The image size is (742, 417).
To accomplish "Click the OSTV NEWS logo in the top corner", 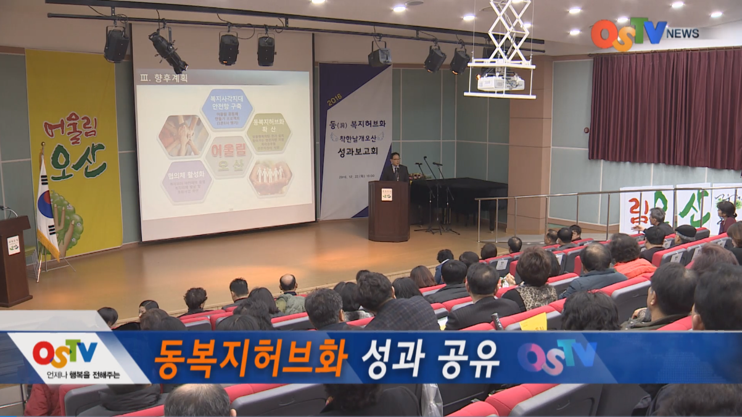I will coord(644,33).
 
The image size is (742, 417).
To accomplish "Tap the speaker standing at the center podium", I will coord(395,168).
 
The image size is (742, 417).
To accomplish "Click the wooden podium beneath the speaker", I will coord(389,211).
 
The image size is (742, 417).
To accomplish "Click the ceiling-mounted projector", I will coord(500,81).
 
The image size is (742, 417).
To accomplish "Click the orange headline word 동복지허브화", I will coord(250,358).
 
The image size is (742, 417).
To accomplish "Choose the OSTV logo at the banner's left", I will coord(65,353).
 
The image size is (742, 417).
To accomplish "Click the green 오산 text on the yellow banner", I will coord(78,162).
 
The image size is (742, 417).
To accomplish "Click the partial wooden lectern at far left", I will coord(14,259).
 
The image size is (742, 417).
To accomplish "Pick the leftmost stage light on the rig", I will coord(116,45).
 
